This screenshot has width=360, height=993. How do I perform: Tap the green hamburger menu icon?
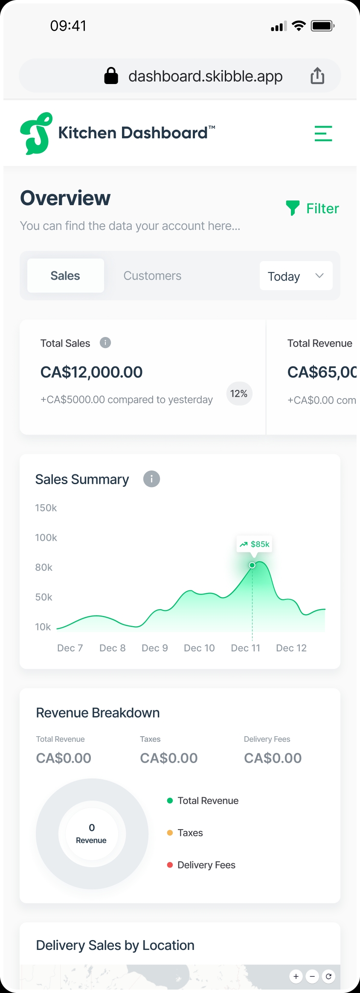323,134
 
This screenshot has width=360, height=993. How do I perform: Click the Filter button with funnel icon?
313,208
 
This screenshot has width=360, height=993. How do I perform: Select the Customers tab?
152,276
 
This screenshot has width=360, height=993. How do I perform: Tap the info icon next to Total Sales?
105,343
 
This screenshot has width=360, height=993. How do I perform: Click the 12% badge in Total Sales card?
239,394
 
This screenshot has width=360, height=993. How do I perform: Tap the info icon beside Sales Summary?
151,479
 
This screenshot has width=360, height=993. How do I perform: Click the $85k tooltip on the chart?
255,544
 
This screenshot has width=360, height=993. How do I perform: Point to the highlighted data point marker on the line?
252,565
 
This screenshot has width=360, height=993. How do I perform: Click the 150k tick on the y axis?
46,508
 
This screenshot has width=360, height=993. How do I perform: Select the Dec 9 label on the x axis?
154,648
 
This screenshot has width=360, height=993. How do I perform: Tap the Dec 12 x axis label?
291,648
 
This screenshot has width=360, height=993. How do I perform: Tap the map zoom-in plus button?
296,976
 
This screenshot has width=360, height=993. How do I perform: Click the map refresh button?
328,976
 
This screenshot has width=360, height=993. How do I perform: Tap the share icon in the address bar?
317,76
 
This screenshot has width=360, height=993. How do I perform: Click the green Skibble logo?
37,134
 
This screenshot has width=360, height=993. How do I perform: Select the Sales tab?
65,276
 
